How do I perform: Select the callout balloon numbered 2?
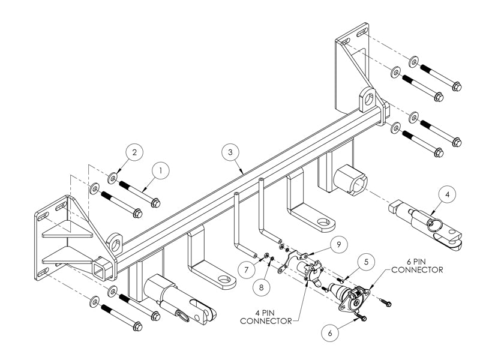134,152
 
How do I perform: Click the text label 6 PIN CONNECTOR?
416,266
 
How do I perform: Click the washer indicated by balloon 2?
112,178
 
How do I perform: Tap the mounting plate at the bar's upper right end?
354,66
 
